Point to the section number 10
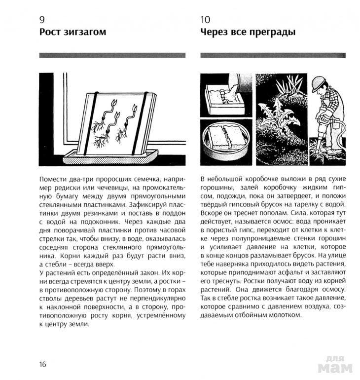click(205, 20)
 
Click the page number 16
click(42, 364)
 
